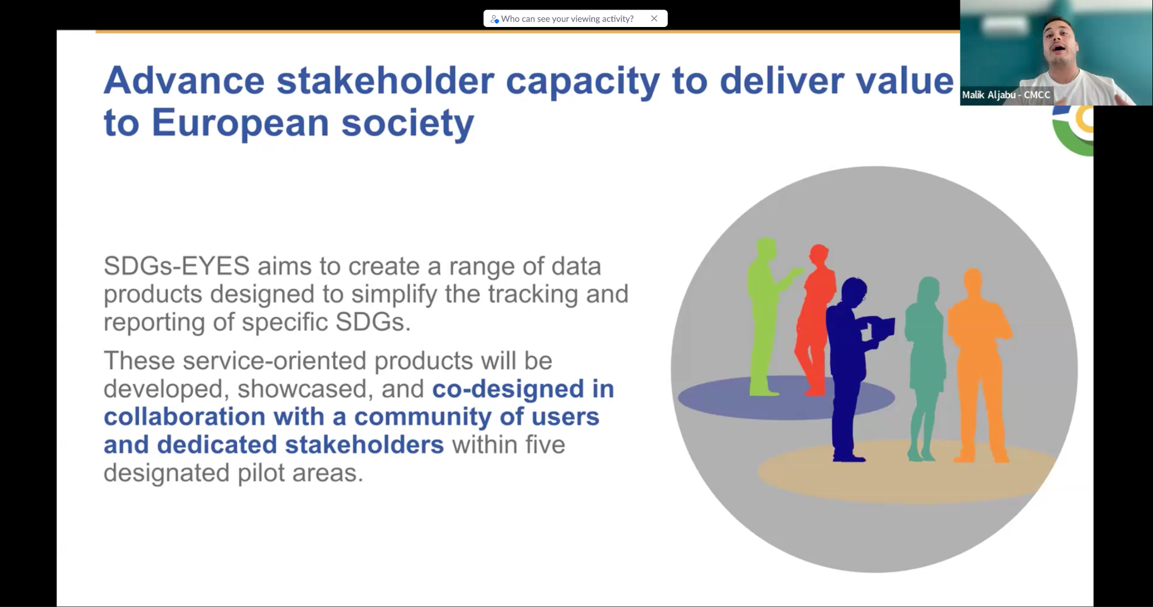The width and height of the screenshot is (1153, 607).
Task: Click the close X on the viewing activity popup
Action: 654,19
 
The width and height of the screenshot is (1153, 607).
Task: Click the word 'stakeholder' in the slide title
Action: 385,80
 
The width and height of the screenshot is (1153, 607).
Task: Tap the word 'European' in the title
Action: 240,123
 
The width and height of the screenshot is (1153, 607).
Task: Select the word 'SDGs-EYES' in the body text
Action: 176,266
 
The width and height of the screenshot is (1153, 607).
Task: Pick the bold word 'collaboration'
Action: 185,417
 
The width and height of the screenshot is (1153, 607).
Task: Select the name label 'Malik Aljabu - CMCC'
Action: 1006,95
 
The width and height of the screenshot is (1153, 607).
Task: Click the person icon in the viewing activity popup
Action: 494,19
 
